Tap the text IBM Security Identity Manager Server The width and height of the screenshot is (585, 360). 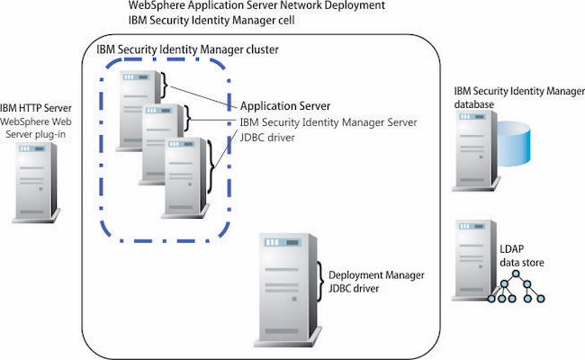[x=328, y=123]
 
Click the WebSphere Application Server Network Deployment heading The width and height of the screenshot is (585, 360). [x=257, y=5]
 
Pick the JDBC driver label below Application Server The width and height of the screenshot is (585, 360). [x=268, y=139]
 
